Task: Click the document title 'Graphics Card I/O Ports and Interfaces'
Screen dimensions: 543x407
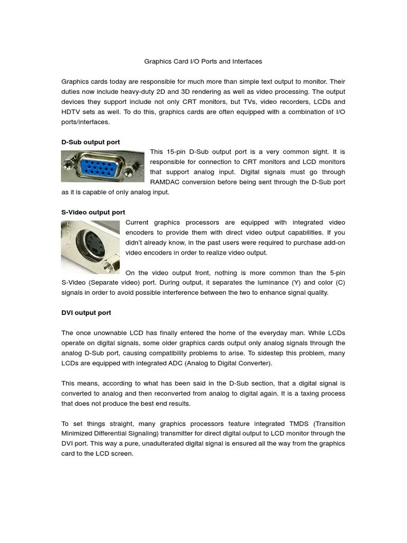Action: click(203, 62)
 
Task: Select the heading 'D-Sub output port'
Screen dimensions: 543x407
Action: click(91, 142)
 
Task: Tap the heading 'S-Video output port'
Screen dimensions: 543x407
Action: click(93, 212)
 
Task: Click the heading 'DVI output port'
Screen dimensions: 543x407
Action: click(86, 313)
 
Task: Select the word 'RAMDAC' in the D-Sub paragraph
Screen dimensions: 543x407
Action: click(166, 182)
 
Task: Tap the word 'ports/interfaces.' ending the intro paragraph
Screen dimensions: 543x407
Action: click(86, 122)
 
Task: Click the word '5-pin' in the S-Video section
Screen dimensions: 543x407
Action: click(334, 273)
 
